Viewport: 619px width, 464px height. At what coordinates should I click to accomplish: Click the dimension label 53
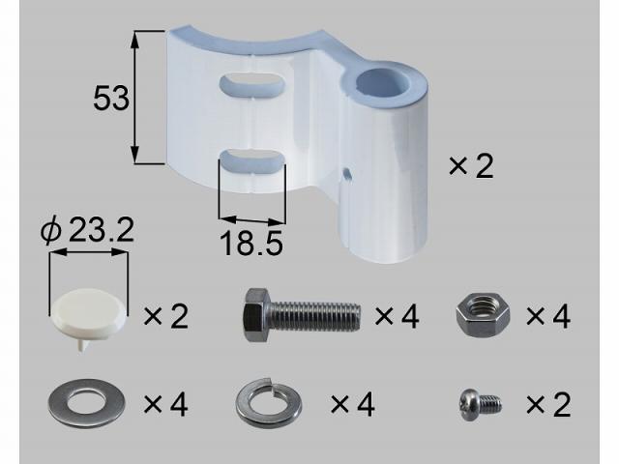coord(111,98)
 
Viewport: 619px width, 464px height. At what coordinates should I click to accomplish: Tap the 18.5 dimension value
coord(251,243)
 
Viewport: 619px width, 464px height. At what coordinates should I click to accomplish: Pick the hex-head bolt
coord(302,314)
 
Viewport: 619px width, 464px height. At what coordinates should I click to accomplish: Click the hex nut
coord(483,315)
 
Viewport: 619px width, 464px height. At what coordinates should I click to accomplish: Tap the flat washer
coord(87,403)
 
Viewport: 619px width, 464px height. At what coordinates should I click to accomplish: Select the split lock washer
coord(269,402)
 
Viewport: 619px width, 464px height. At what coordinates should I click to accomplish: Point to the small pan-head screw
coord(481,405)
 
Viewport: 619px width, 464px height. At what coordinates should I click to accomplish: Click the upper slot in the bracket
coord(252,84)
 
